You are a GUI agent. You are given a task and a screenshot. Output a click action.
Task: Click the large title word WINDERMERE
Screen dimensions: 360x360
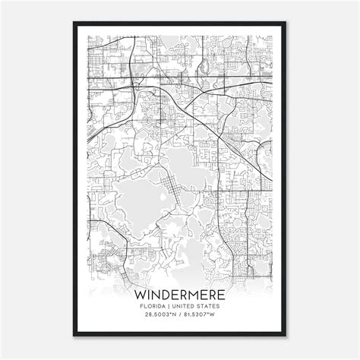(x=180, y=293)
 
